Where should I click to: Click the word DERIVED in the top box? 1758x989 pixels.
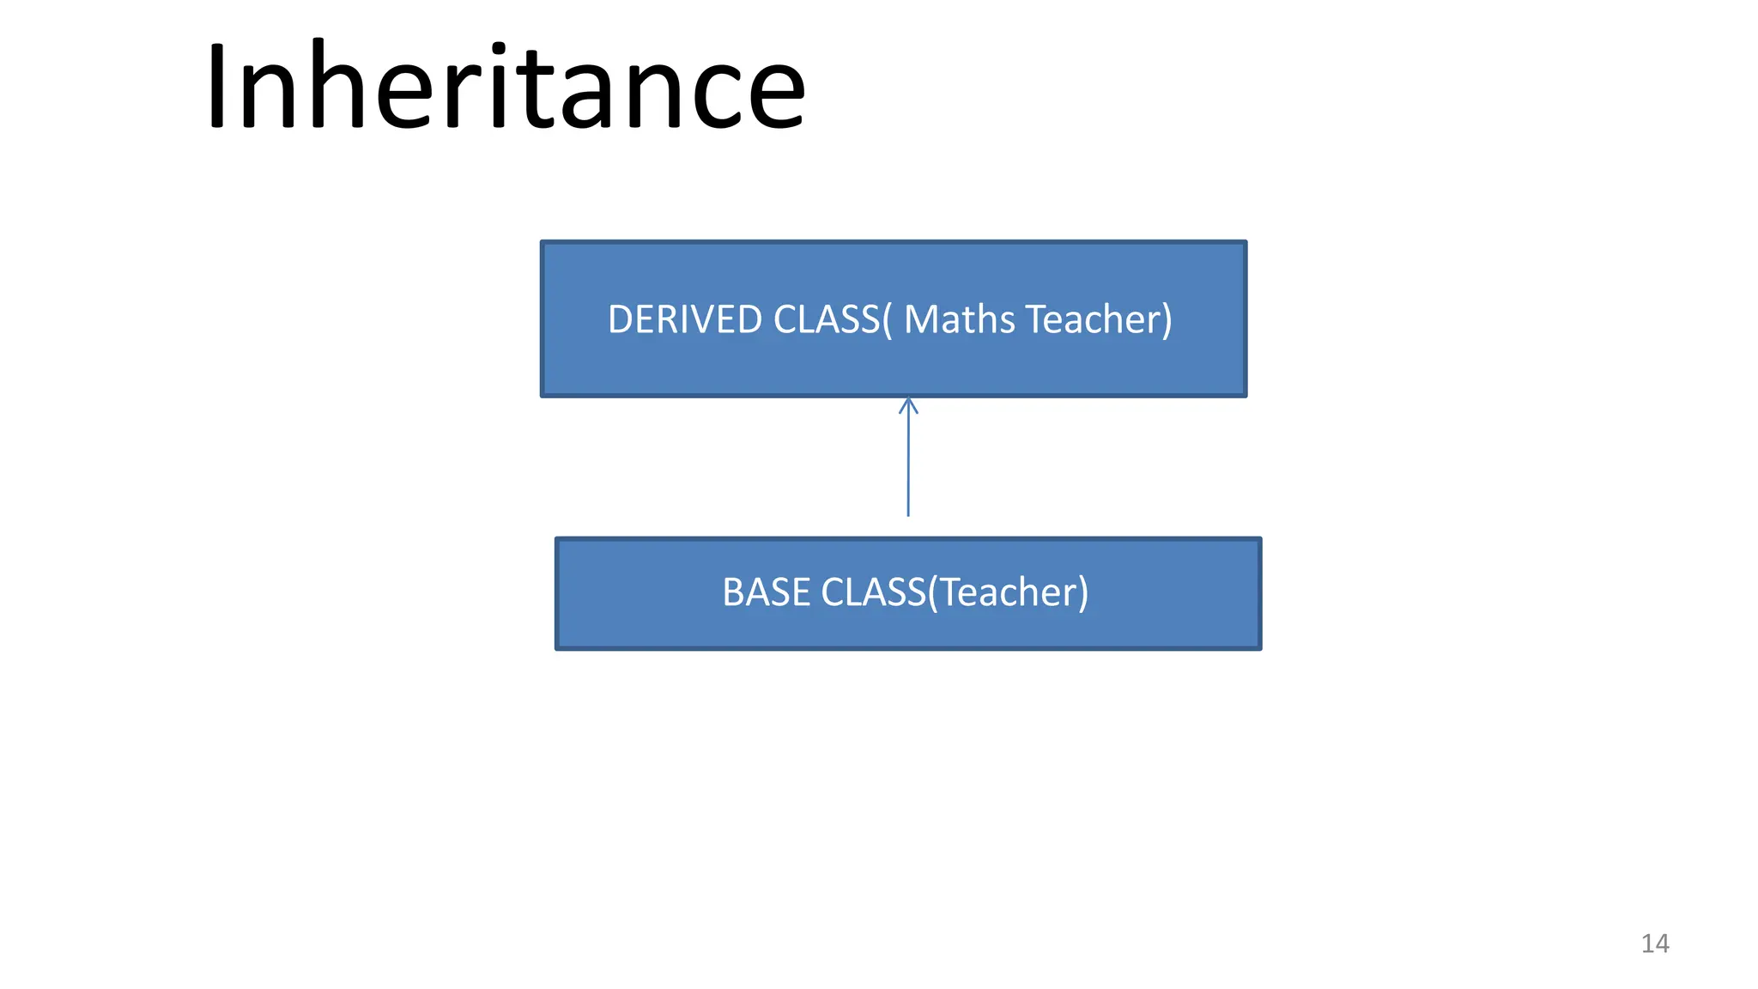click(x=685, y=319)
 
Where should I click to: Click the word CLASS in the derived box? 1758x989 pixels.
click(x=827, y=319)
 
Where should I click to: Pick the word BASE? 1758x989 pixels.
click(x=766, y=592)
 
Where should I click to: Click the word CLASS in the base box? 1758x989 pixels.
click(x=873, y=592)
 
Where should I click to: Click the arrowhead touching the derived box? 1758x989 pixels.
click(x=908, y=404)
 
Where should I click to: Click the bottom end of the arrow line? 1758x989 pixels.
click(x=908, y=514)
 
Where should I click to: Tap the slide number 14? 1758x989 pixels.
click(x=1655, y=943)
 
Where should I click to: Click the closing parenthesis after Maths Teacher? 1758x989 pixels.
click(x=1167, y=319)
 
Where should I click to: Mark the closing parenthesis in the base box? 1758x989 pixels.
click(x=1083, y=592)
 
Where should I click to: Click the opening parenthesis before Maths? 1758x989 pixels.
click(x=888, y=319)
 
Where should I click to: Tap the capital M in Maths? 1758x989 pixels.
click(x=922, y=319)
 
